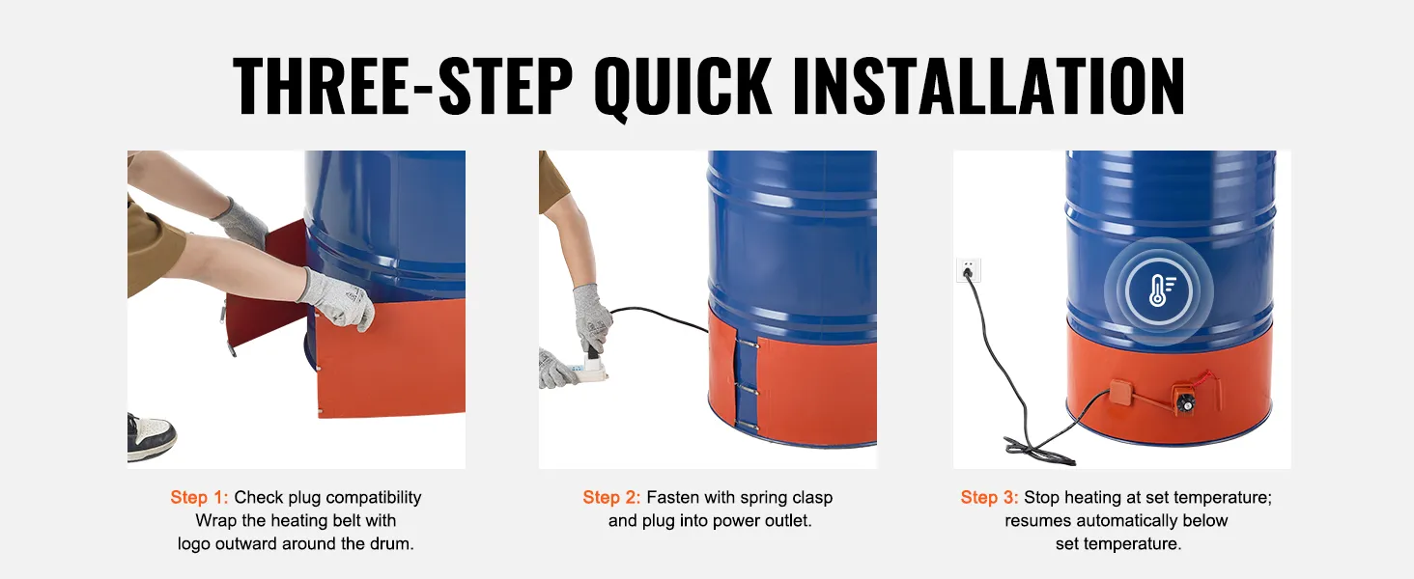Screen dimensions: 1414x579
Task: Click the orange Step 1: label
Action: pos(199,498)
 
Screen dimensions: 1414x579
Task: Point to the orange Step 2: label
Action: pos(611,498)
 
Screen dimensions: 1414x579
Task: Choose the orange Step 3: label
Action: pos(989,498)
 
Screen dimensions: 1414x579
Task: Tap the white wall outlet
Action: pos(969,270)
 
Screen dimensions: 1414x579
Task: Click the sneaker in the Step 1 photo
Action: pos(152,435)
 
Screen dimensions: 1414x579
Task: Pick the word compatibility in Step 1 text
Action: pos(374,498)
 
